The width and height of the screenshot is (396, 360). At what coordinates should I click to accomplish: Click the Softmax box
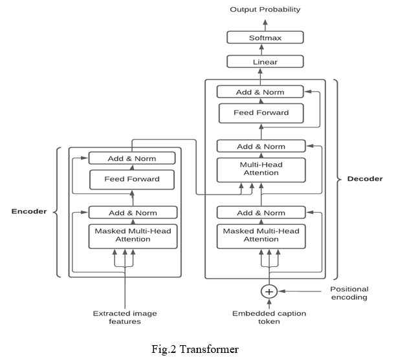point(265,37)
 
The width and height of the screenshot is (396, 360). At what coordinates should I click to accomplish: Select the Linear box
point(265,62)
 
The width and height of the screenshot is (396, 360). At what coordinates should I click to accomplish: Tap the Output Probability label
point(265,9)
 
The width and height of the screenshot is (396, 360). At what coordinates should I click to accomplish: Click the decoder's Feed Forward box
point(261,113)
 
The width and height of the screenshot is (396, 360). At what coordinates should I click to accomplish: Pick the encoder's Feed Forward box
point(132,179)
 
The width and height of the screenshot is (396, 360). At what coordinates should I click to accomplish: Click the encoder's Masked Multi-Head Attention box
point(132,235)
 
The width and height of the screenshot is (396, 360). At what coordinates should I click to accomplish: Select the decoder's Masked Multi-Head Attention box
point(261,235)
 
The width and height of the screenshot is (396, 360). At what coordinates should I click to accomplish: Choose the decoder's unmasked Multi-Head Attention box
point(261,169)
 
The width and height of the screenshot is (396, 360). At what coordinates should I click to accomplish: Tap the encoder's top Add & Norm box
point(132,158)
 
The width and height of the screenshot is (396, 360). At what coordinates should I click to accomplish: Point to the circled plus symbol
point(269,292)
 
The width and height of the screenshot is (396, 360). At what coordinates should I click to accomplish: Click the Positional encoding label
point(349,294)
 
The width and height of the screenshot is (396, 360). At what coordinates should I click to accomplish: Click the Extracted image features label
point(124,317)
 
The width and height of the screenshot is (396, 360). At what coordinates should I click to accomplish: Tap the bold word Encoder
point(30,211)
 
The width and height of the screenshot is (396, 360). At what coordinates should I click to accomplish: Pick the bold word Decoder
point(365,178)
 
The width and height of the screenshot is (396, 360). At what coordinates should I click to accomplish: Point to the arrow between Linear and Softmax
point(265,50)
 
